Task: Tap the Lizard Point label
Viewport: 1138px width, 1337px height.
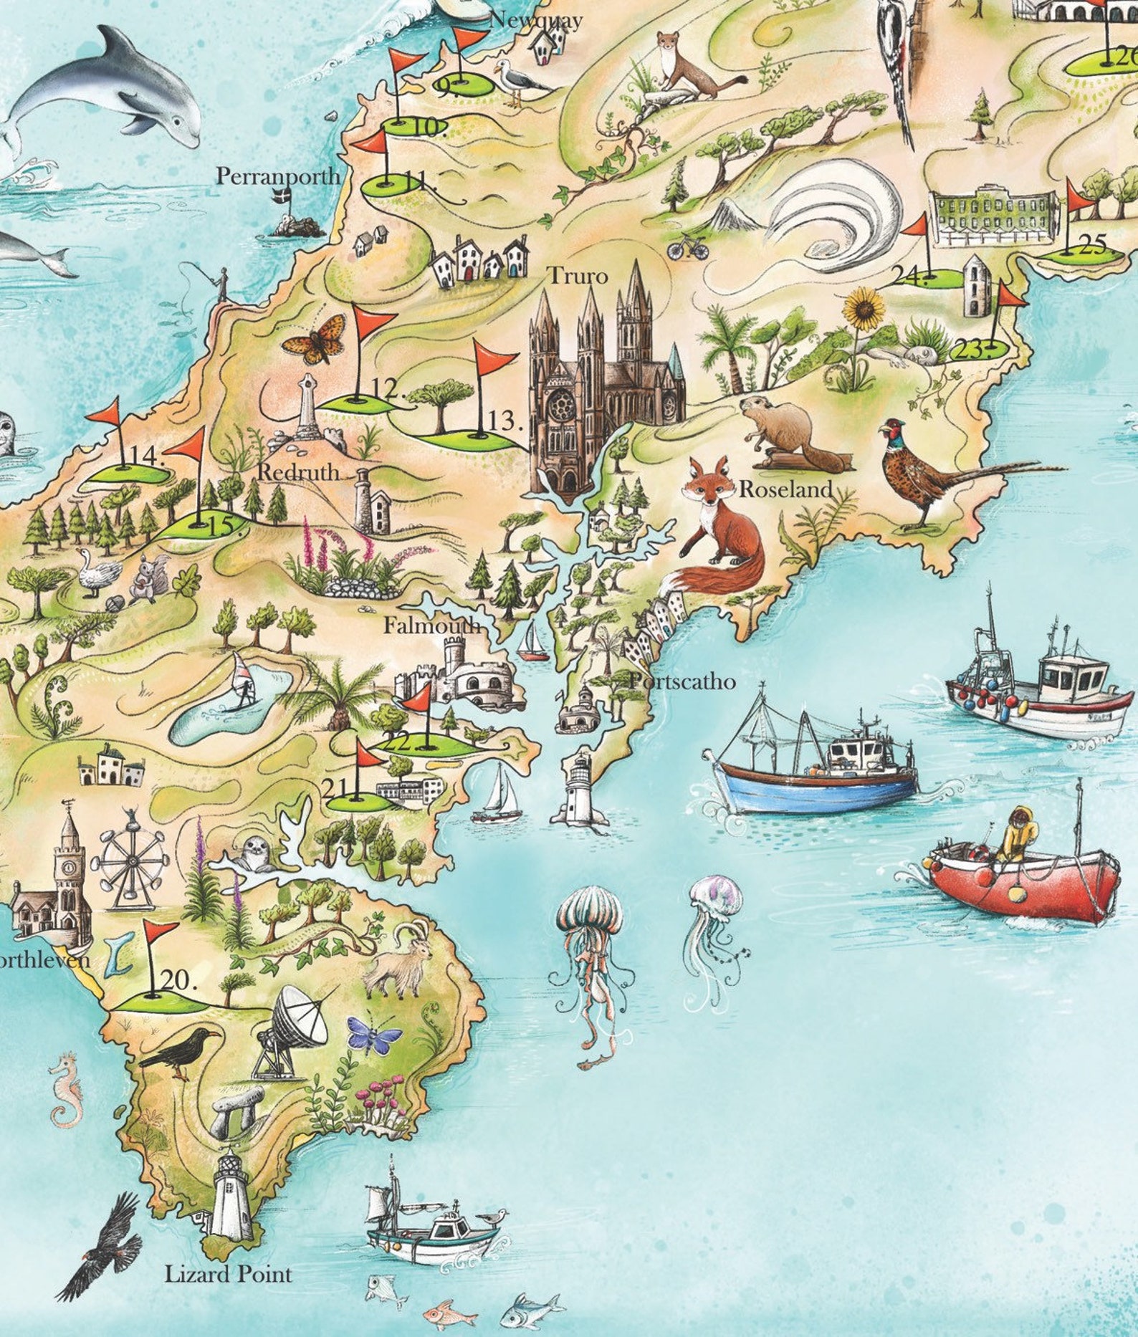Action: tap(229, 1275)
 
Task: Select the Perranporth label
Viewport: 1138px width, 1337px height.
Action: tap(279, 176)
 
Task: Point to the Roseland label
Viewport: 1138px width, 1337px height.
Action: tap(786, 490)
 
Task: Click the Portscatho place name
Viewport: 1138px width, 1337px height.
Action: tap(682, 681)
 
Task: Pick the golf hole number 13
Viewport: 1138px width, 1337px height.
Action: tap(505, 421)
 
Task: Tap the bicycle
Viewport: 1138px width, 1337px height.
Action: tap(687, 248)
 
